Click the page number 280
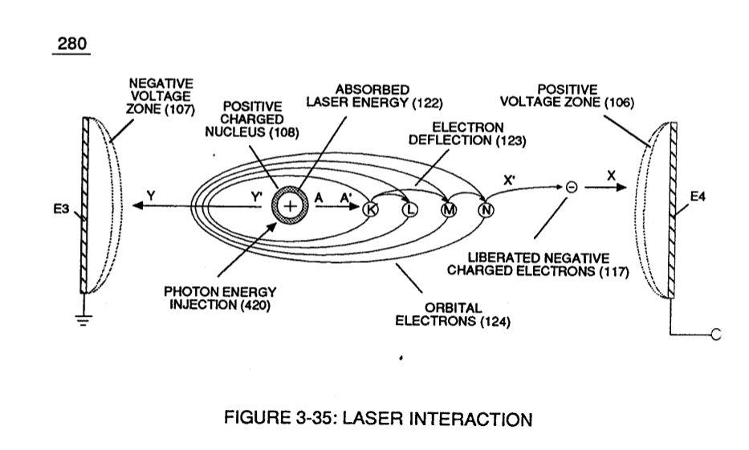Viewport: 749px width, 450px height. (x=72, y=43)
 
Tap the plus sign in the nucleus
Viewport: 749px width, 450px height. (x=290, y=206)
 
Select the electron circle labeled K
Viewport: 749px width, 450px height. (x=371, y=209)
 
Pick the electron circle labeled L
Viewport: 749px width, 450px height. (x=410, y=209)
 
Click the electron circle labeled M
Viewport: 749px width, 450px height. (x=449, y=209)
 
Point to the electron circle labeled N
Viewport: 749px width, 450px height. (x=486, y=209)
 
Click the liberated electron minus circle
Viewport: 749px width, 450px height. (x=572, y=187)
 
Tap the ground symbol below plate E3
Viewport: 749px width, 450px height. (x=84, y=319)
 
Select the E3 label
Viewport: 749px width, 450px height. (x=61, y=209)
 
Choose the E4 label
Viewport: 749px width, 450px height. (x=698, y=197)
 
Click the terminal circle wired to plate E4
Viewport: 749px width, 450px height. (x=715, y=334)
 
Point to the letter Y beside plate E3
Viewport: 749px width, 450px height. (x=151, y=196)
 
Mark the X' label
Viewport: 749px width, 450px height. (x=509, y=180)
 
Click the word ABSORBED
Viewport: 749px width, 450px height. (x=372, y=89)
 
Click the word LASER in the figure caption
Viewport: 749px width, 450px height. (x=372, y=418)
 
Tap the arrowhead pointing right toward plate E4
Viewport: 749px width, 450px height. (x=621, y=187)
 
